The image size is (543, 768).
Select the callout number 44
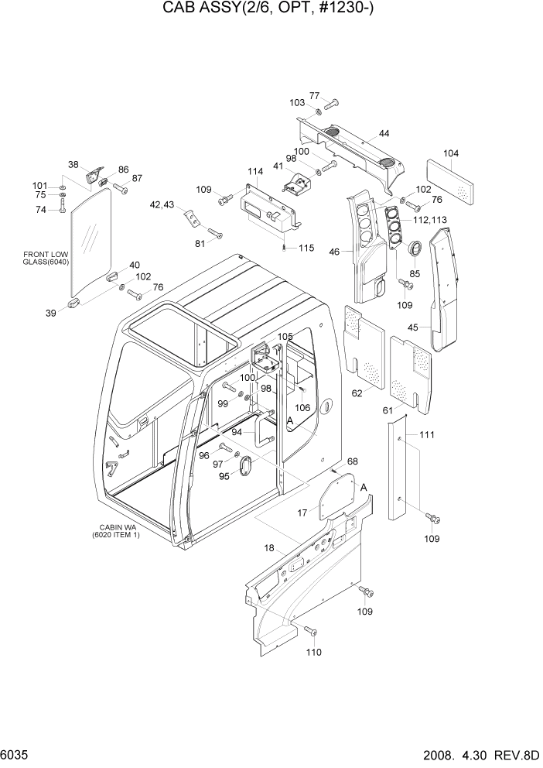click(x=384, y=134)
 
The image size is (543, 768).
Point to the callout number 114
click(x=254, y=171)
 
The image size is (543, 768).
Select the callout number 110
click(x=312, y=652)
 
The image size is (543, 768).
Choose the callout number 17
click(x=303, y=513)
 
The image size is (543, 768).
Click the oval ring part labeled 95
click(x=247, y=467)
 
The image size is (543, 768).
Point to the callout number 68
click(x=352, y=462)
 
